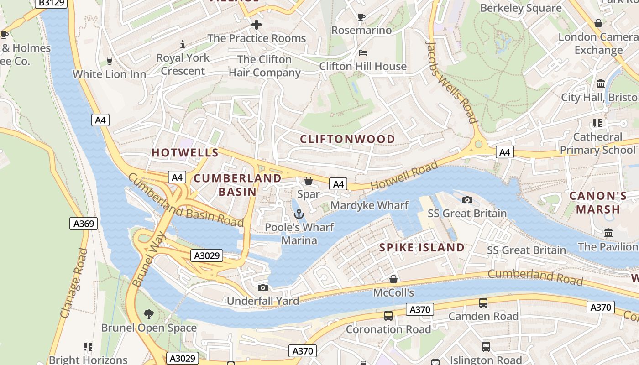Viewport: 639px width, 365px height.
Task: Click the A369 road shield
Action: [x=84, y=224]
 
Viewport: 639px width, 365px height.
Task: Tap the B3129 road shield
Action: [x=51, y=3]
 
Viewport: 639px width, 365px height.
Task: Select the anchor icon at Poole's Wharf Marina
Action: [x=299, y=214]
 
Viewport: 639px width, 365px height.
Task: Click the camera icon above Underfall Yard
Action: [x=262, y=287]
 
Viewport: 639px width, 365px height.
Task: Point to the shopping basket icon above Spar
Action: [x=309, y=181]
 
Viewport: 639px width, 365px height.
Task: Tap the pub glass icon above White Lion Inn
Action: [x=109, y=61]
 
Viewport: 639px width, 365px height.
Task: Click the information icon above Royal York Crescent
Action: [x=183, y=44]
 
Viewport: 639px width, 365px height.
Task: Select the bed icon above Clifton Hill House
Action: [x=363, y=53]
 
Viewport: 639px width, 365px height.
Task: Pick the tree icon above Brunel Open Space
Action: [x=148, y=314]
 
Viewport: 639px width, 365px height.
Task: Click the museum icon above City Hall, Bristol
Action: [x=601, y=84]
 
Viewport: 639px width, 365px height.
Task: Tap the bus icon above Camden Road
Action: [x=483, y=302]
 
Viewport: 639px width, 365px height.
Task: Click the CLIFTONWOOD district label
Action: [x=347, y=139]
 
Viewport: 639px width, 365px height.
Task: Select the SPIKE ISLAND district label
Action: [x=422, y=248]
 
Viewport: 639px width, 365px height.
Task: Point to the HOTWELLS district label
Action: [x=185, y=153]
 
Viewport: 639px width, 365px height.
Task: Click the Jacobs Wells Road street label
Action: [x=451, y=82]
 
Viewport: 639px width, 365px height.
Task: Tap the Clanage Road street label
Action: [x=73, y=283]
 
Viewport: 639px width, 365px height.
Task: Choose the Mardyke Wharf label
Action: [x=369, y=205]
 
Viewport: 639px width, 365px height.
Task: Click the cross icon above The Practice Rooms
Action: [x=257, y=25]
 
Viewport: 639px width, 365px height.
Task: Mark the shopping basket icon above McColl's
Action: [x=393, y=279]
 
